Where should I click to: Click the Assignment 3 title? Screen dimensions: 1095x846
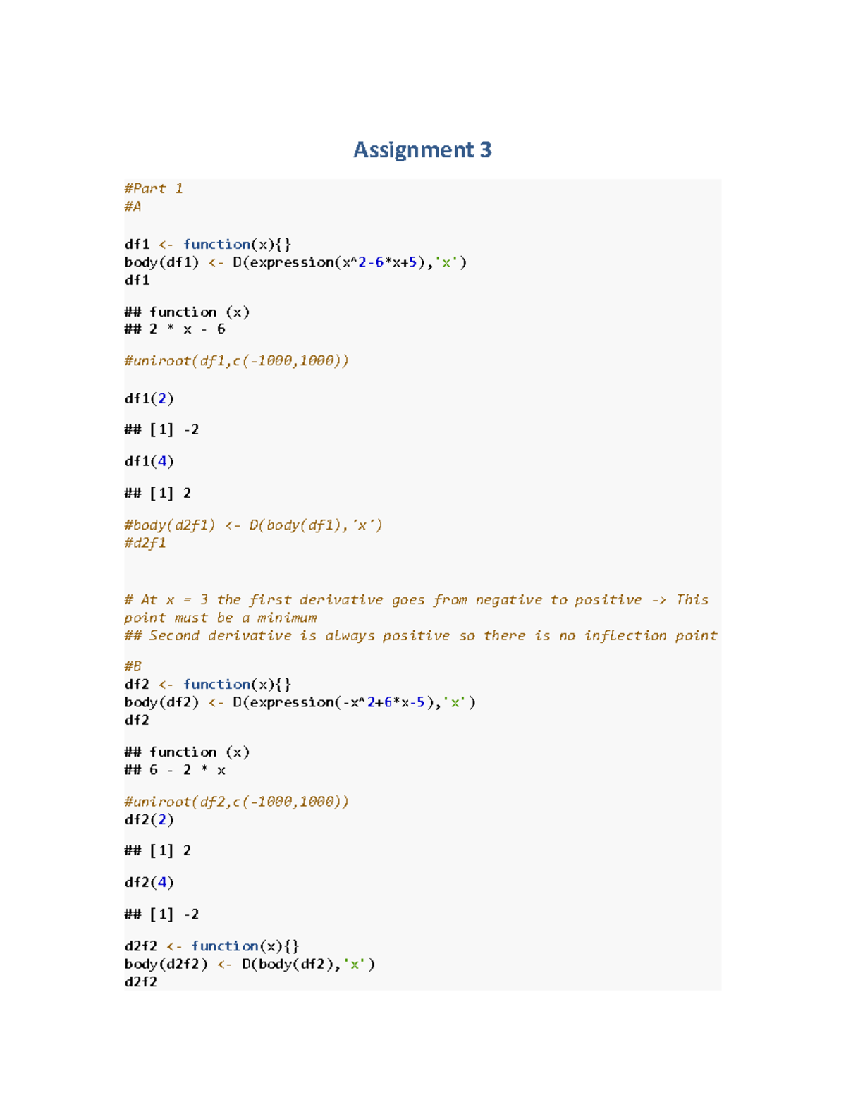422,149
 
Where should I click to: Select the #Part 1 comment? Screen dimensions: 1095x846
153,188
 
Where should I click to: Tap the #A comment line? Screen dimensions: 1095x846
133,206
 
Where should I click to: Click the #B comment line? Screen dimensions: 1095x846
133,666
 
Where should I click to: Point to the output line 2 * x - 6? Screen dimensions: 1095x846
187,329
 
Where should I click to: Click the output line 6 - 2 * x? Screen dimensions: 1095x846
187,770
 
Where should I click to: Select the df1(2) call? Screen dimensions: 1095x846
149,398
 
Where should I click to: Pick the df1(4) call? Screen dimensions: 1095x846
149,461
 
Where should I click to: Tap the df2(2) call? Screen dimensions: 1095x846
149,819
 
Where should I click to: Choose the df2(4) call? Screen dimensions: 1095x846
149,882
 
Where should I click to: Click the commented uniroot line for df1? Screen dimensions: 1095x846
236,361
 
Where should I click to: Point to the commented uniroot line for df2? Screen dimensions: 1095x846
236,802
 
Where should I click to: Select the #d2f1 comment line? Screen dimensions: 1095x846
145,543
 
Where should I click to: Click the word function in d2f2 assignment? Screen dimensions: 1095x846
224,946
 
